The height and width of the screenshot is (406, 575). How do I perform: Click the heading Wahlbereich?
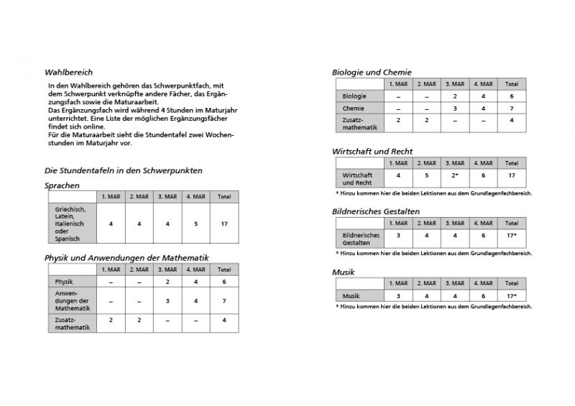point(68,73)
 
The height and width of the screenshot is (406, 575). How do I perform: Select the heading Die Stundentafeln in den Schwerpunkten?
point(124,171)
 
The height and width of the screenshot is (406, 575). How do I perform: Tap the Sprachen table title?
point(62,185)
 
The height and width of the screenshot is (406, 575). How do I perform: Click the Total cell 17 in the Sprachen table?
point(224,224)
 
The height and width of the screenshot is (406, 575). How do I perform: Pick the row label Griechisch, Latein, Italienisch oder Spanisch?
point(70,224)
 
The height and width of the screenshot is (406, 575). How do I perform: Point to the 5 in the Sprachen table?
point(195,224)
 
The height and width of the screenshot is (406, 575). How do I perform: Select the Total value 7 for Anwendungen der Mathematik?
point(224,301)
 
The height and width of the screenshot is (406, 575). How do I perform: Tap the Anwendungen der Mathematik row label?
point(72,301)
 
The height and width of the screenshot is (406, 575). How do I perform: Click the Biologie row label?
point(355,96)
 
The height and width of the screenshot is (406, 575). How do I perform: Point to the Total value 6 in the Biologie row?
point(511,96)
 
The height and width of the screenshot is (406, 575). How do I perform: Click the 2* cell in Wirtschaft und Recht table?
point(454,175)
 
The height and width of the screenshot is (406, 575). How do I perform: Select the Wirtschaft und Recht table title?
point(372,152)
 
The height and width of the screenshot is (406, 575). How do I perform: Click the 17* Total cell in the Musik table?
point(511,296)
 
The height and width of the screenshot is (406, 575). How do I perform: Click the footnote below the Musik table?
point(433,307)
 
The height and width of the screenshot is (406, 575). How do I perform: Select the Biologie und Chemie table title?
point(372,72)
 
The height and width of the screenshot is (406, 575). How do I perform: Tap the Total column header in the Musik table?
point(511,284)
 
